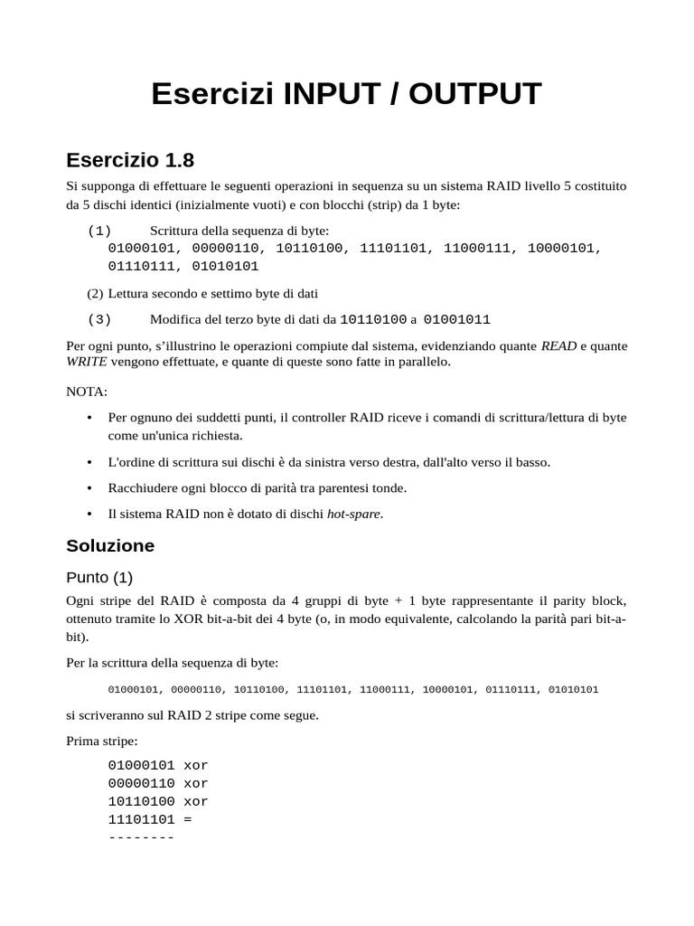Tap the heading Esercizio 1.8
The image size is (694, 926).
[130, 161]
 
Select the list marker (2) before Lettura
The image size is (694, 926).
[96, 293]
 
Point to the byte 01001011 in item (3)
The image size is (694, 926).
[456, 319]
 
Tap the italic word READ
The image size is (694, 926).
[558, 346]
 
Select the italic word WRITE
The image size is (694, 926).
[87, 362]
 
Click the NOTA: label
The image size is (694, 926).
[87, 392]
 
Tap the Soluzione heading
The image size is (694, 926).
[110, 546]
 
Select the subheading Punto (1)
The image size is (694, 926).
[99, 577]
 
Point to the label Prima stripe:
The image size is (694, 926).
[102, 742]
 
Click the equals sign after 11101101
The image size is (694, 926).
[187, 820]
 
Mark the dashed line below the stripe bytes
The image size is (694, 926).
[140, 838]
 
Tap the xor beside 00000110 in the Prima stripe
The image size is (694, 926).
[195, 783]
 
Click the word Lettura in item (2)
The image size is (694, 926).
[132, 293]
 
